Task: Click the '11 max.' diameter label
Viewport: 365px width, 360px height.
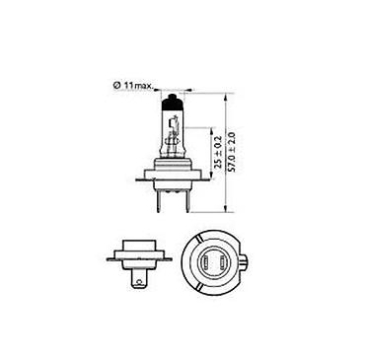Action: click(x=138, y=86)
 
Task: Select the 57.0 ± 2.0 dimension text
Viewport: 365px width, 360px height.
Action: click(x=232, y=152)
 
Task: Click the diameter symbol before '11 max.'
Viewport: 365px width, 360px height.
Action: click(x=116, y=86)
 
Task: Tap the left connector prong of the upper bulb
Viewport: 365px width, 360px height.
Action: click(x=160, y=201)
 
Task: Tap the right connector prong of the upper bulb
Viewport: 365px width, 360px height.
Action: click(x=186, y=201)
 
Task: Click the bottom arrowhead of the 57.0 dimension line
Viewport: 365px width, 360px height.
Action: click(x=225, y=208)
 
